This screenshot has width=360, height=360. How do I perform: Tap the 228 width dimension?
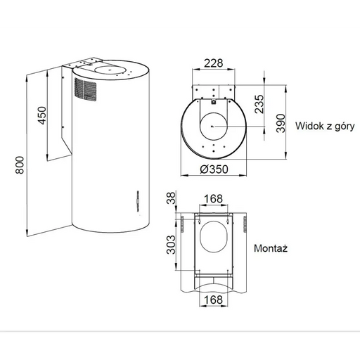click(213, 63)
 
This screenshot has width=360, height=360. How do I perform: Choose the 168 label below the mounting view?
click(214, 300)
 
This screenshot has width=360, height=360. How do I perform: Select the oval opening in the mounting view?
click(213, 242)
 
